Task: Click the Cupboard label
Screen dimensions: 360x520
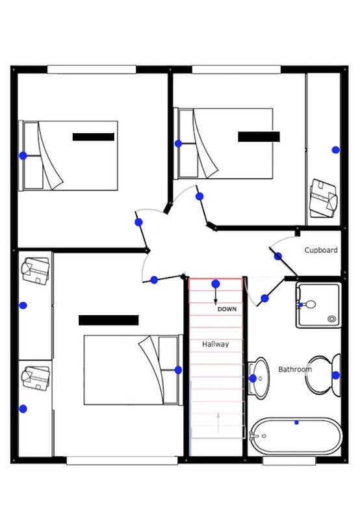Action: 321,250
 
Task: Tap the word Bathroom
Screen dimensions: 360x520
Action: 295,369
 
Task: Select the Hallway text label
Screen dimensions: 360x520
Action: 216,344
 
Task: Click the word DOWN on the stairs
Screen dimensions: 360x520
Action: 227,309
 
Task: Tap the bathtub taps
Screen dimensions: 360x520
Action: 255,436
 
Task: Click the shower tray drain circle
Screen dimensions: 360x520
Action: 331,319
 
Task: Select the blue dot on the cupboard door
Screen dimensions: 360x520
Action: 277,256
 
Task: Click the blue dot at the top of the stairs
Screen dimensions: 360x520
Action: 216,284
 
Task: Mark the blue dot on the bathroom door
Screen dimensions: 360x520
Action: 264,298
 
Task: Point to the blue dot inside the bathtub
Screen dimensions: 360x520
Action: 296,422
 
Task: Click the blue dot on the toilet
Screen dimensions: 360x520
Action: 335,376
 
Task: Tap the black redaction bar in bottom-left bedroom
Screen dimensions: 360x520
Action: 109,320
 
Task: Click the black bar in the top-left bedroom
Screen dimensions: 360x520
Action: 94,136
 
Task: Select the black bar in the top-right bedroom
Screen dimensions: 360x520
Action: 259,136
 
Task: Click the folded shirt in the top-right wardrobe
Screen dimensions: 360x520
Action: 323,199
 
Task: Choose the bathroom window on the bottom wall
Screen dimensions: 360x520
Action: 289,460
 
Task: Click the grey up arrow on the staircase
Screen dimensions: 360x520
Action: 218,423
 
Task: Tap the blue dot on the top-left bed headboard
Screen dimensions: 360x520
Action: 23,155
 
